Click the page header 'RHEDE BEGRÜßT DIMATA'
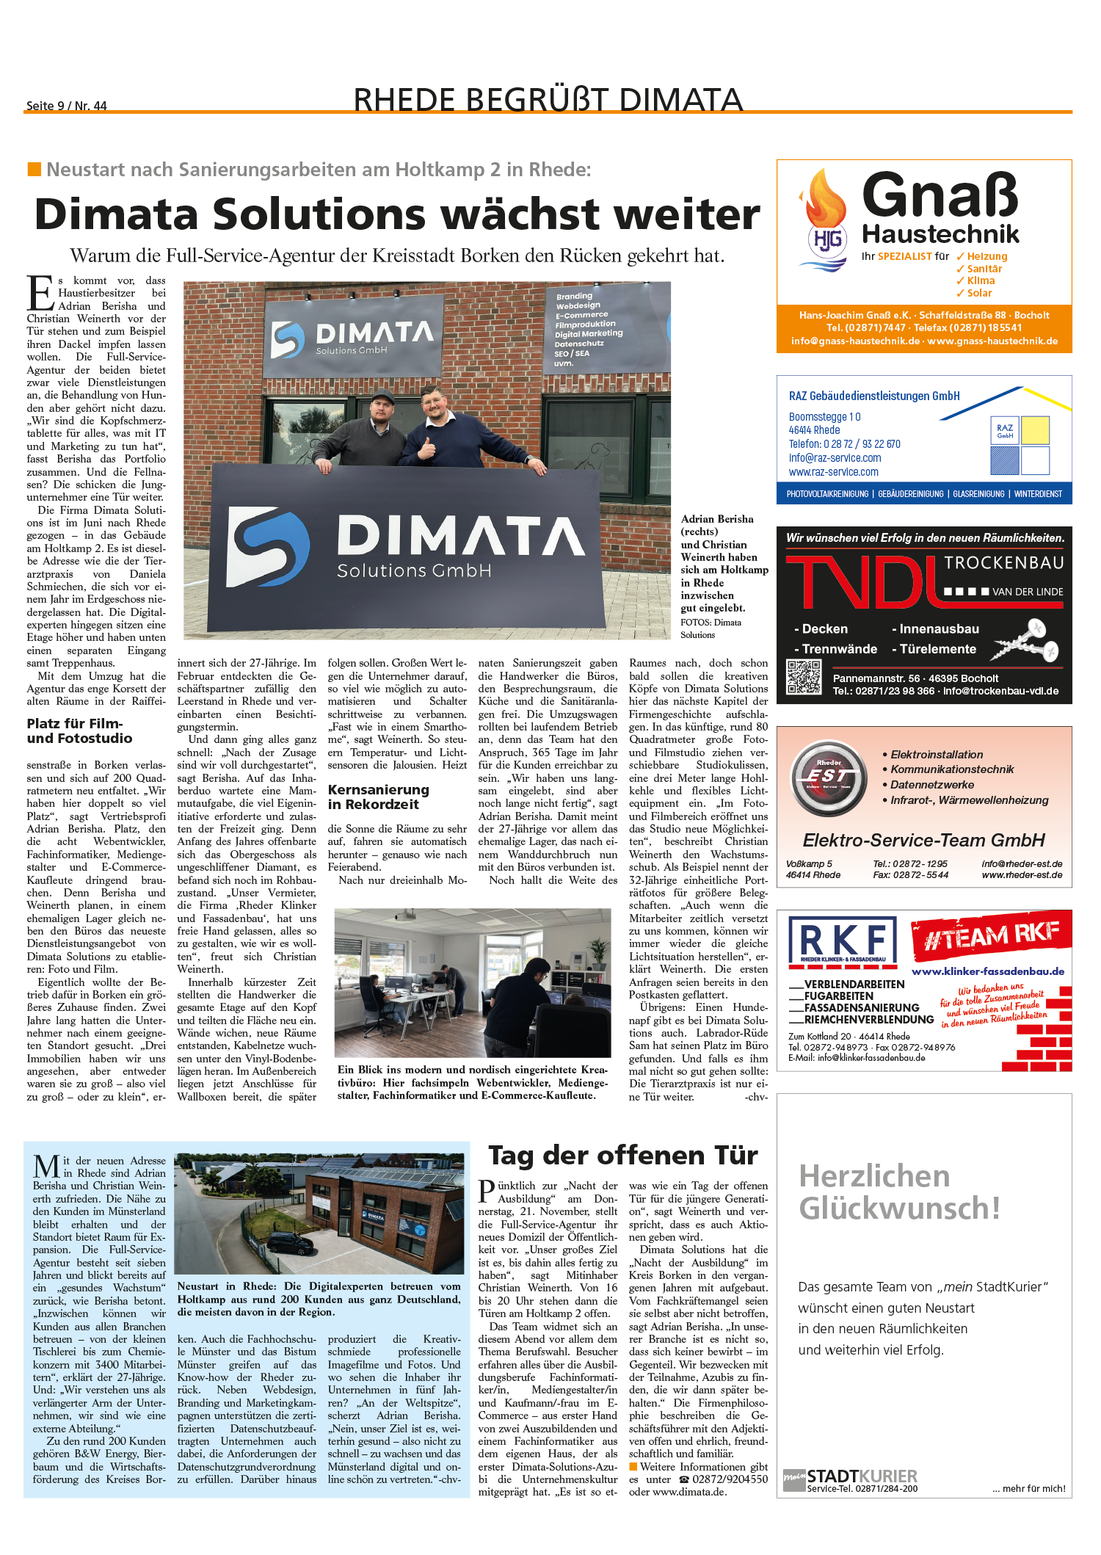548,100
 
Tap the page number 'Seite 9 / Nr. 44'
67,106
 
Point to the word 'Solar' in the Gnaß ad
979,293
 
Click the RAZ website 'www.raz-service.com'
833,472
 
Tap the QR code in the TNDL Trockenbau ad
804,677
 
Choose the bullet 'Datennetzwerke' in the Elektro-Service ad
932,785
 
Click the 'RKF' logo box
843,940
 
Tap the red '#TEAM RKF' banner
991,935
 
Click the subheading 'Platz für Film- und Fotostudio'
80,731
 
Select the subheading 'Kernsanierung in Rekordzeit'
378,797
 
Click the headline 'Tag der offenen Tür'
623,1156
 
